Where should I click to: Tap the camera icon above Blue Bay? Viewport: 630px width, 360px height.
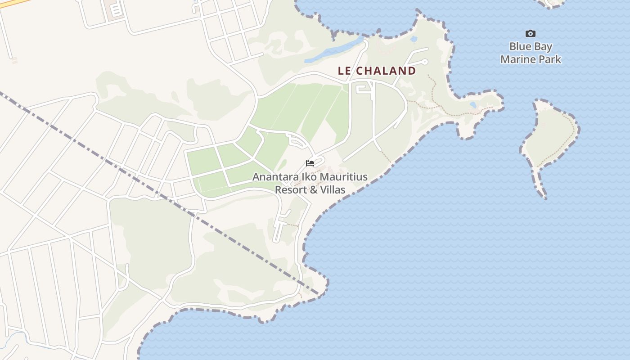[531, 33]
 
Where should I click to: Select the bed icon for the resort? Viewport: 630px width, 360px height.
[310, 163]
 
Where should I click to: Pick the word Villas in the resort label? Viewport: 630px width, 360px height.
[333, 190]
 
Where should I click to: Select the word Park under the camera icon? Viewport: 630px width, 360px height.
[551, 59]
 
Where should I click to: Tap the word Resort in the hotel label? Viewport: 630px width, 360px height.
[291, 190]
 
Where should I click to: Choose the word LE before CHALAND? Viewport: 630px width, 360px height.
[344, 71]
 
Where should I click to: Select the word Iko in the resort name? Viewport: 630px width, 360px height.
[308, 177]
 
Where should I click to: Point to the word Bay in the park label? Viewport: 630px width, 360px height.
[544, 47]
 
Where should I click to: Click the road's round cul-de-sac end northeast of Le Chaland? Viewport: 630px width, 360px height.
[425, 61]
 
